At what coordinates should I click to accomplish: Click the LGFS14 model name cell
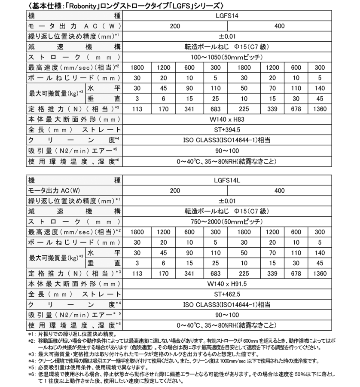tap(226, 16)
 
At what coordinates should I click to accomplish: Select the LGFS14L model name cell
tap(226, 180)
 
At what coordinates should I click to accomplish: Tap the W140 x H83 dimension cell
tap(226, 119)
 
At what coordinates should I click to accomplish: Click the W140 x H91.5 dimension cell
tap(226, 284)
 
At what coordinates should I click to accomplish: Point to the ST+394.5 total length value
tap(226, 129)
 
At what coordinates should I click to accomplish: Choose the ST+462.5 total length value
tap(226, 294)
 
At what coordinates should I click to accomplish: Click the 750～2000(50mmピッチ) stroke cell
tap(226, 221)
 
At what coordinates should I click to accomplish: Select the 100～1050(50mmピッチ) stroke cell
tap(226, 57)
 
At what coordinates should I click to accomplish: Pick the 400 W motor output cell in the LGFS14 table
tap(279, 26)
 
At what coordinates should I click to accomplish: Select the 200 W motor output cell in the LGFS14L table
tap(175, 190)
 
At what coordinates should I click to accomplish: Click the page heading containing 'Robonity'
tap(125, 6)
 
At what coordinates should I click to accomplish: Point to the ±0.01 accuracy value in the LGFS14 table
tap(226, 37)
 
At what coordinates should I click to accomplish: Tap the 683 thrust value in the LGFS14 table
tap(215, 109)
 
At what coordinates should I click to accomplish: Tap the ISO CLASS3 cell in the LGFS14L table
tap(226, 304)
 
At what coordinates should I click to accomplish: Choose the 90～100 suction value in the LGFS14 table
tap(226, 150)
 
